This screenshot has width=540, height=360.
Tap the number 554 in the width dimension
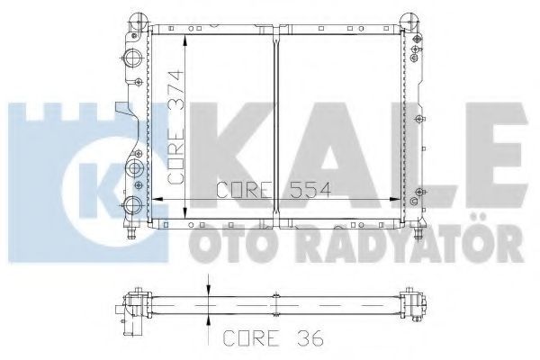(x=310, y=190)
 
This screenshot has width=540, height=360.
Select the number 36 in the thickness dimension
(x=309, y=338)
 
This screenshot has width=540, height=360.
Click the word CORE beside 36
(x=251, y=338)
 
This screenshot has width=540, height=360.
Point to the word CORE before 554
(x=244, y=190)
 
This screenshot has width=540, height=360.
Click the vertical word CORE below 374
(x=176, y=156)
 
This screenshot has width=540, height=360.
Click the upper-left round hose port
(x=133, y=58)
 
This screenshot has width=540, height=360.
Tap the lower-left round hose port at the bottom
(x=132, y=206)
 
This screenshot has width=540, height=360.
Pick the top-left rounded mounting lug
(x=139, y=21)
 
